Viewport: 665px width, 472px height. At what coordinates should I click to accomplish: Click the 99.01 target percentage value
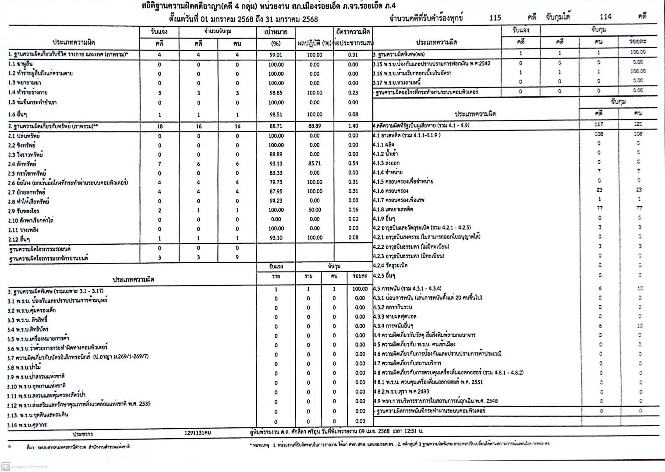(276, 55)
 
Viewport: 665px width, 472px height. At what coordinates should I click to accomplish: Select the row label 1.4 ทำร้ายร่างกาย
(28, 92)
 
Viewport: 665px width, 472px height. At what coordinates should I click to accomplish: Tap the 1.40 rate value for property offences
(353, 126)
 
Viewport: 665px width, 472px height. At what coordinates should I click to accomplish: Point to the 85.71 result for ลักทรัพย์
(314, 163)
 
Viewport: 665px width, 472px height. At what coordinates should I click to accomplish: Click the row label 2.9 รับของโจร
(24, 211)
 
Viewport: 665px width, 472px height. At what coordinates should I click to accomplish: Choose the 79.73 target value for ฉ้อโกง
(276, 182)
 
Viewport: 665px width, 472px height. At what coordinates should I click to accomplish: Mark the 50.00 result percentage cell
(314, 210)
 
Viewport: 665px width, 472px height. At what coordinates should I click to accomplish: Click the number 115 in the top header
(495, 18)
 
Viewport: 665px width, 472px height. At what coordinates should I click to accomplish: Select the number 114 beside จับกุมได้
(605, 17)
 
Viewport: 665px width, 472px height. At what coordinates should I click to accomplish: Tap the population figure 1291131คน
(198, 433)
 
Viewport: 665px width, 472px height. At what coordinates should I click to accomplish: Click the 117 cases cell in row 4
(599, 124)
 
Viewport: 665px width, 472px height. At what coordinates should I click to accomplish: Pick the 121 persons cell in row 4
(638, 124)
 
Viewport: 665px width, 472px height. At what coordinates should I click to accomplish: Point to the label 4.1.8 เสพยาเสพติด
(393, 209)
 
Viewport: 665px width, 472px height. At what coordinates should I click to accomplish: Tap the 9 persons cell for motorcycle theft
(237, 257)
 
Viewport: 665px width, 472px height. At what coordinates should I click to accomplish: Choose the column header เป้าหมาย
(276, 32)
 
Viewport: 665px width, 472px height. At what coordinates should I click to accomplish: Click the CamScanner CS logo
(6, 466)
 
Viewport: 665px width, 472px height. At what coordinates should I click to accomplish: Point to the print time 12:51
(407, 431)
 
